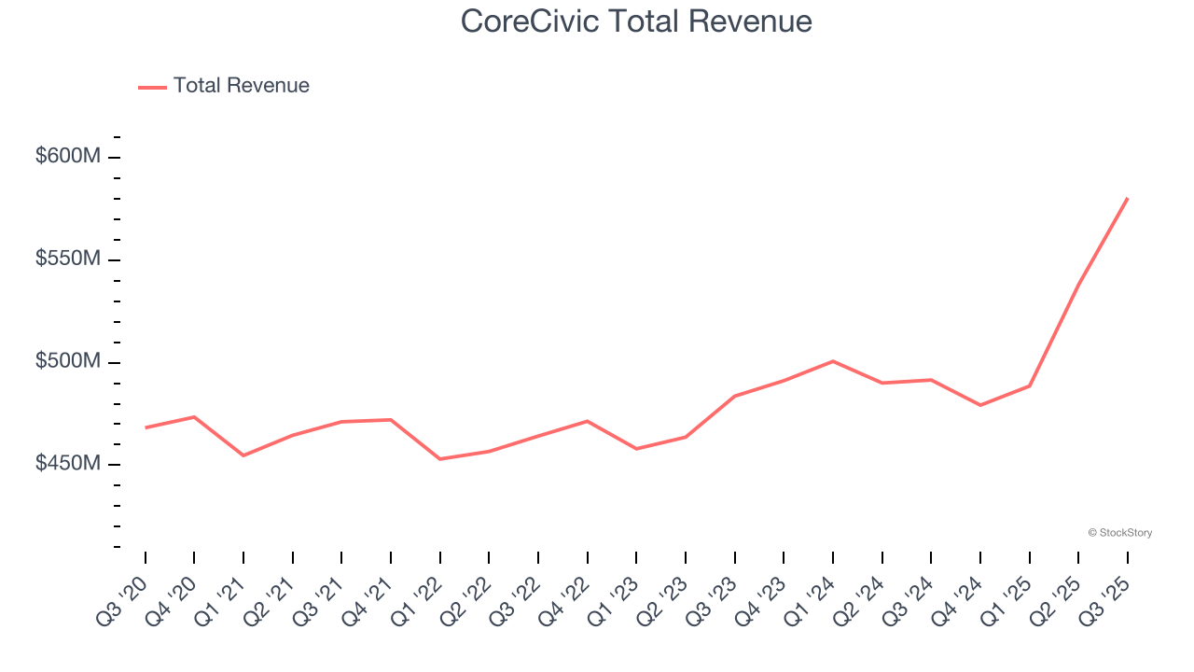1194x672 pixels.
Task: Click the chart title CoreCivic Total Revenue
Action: [x=636, y=21]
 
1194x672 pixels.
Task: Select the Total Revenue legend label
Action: [x=241, y=86]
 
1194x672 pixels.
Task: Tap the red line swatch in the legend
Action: [x=152, y=87]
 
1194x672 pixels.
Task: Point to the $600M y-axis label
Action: [x=68, y=156]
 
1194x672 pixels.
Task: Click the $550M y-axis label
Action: [x=68, y=259]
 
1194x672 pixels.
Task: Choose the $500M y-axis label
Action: [x=68, y=361]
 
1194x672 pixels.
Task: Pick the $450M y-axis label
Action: [x=68, y=464]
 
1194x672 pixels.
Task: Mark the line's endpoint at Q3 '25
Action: [x=1128, y=198]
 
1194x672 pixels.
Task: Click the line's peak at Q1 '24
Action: [x=833, y=361]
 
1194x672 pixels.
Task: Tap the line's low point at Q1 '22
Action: [x=440, y=459]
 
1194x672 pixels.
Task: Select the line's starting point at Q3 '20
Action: [x=146, y=427]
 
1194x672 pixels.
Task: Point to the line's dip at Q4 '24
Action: [x=980, y=405]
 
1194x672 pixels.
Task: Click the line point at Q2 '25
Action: [x=1078, y=285]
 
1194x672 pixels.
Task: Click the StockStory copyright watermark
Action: [x=1119, y=533]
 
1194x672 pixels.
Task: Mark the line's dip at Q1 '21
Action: [x=243, y=455]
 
